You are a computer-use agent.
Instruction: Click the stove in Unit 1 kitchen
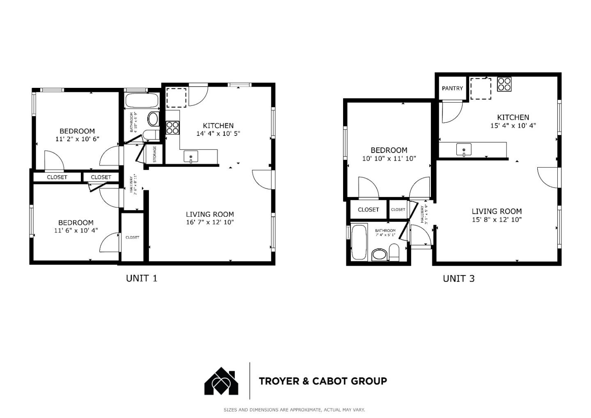tap(172, 128)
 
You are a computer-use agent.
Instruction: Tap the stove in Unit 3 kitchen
tap(504, 84)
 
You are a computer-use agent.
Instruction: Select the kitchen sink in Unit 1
tap(191, 157)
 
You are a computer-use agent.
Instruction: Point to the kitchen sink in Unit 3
tap(464, 149)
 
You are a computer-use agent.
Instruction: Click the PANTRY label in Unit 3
tap(452, 88)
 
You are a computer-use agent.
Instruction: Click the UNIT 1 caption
tap(141, 278)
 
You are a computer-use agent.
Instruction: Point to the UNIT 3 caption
tap(458, 279)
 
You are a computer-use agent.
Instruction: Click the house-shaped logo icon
tap(222, 381)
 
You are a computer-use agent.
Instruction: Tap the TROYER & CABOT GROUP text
tap(323, 381)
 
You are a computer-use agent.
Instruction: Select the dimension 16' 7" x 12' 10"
tap(210, 223)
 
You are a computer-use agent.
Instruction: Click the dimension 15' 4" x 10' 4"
tap(513, 126)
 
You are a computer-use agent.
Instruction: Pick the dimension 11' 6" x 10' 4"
tap(76, 231)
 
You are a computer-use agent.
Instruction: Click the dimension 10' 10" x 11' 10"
tap(389, 158)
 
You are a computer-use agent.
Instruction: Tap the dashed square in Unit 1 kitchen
tap(176, 98)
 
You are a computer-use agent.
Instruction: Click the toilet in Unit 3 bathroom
tap(394, 251)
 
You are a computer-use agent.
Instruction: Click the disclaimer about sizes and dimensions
tap(294, 410)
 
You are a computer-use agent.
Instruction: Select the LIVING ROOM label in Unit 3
tap(497, 211)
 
